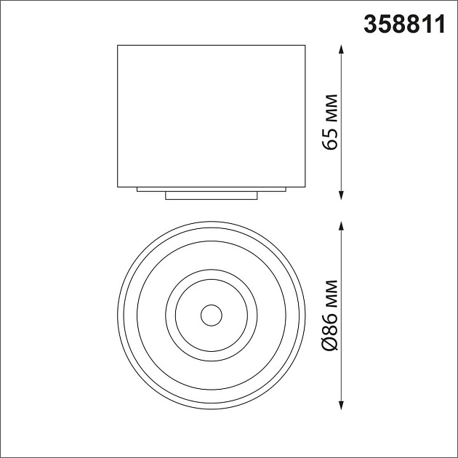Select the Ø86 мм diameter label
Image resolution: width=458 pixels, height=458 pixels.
click(332, 316)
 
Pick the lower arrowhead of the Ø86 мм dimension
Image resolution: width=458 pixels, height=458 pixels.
click(342, 407)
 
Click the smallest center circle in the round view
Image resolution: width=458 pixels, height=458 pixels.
click(212, 315)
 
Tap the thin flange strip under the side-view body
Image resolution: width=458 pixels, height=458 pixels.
click(212, 189)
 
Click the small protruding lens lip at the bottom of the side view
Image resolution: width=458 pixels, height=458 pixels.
click(212, 196)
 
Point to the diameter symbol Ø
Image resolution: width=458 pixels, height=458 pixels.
click(332, 342)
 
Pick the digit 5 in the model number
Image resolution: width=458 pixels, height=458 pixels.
click(382, 25)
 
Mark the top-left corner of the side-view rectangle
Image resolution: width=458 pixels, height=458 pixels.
click(118, 46)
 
